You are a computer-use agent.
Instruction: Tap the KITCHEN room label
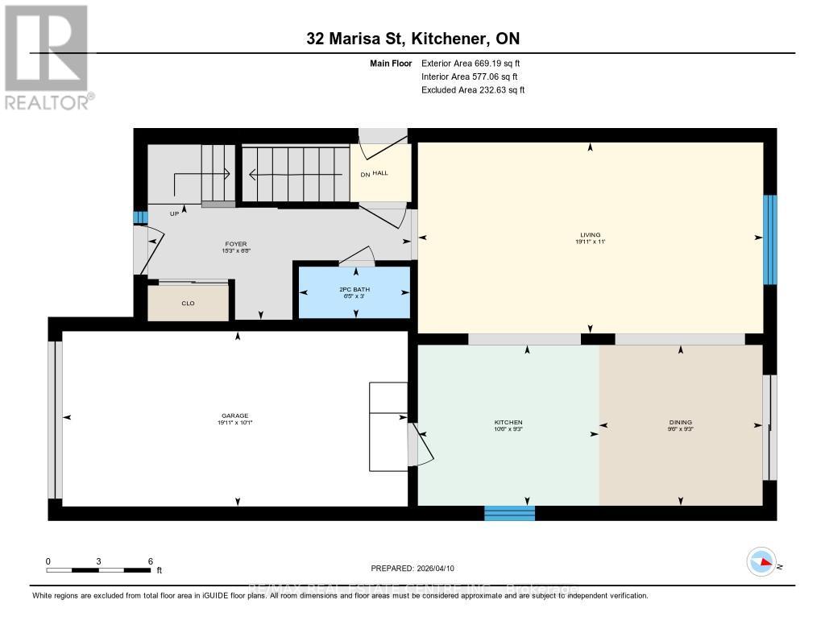(508, 422)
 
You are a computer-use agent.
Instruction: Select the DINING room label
(680, 422)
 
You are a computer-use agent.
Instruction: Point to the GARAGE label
(236, 416)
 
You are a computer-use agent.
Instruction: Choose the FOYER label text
(236, 243)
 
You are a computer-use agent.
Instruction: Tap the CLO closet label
(189, 304)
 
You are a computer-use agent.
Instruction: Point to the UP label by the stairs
(174, 214)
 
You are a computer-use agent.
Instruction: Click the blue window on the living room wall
(770, 239)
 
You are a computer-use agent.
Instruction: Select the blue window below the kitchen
(509, 513)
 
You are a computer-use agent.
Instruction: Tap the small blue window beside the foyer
(140, 217)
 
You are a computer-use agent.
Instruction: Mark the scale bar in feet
(98, 569)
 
